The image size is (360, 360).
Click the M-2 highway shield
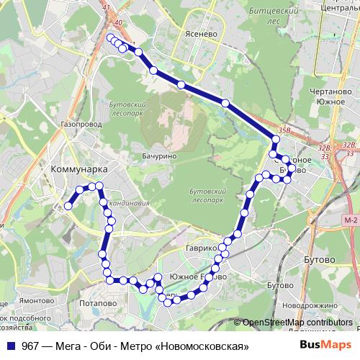351,220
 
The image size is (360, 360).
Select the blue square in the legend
12,346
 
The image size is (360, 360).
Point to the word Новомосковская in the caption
204,346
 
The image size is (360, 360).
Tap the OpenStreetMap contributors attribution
297,323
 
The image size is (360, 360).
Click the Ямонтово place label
37,301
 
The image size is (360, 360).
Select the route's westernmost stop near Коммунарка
68,206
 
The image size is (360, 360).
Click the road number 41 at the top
107,7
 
